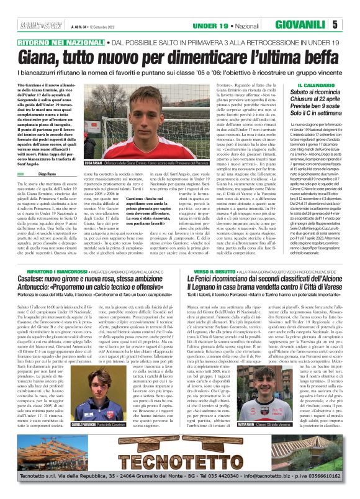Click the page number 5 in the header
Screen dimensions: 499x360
click(x=351, y=25)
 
